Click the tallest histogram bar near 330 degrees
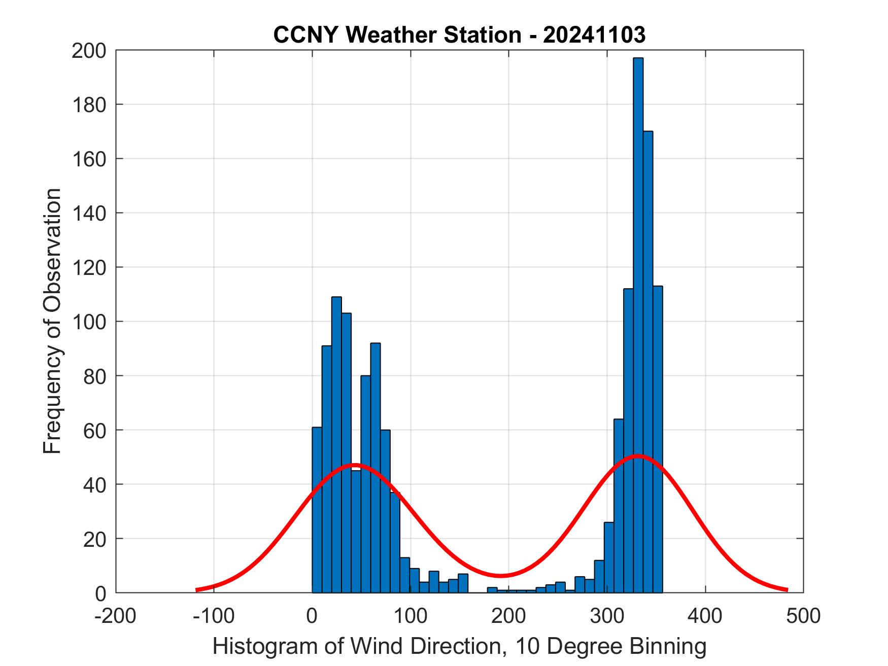(x=638, y=325)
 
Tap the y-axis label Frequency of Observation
(x=52, y=322)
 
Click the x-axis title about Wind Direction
(x=459, y=646)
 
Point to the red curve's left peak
(x=355, y=465)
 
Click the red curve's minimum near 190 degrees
(x=500, y=575)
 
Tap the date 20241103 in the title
(x=594, y=35)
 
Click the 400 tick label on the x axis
(x=705, y=616)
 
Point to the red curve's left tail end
(x=197, y=589)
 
